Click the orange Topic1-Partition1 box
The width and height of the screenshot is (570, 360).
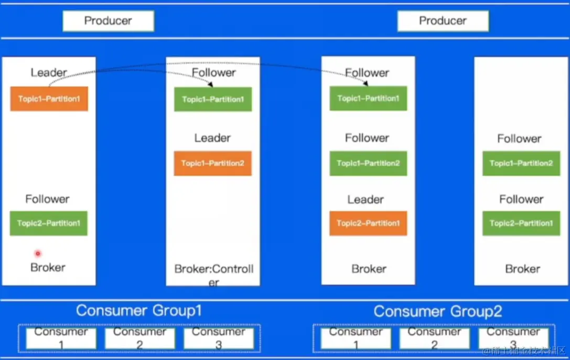[x=49, y=99]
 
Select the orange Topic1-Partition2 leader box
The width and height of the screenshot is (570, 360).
[x=212, y=163]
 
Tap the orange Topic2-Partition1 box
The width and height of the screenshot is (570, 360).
[x=368, y=223]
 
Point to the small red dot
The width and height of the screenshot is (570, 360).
[x=38, y=254]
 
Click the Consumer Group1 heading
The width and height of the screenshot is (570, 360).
[x=138, y=310]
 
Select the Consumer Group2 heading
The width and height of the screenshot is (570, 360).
[x=437, y=312]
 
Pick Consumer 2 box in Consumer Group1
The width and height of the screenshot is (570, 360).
[x=139, y=339]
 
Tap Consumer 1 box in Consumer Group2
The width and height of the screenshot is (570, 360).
[x=356, y=339]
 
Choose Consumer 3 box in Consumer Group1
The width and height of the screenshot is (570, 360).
[x=218, y=339]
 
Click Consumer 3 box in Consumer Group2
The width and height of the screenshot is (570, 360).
[x=513, y=339]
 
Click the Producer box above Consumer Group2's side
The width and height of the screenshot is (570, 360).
[x=443, y=21]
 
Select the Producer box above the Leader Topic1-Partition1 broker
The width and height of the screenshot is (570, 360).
[x=108, y=21]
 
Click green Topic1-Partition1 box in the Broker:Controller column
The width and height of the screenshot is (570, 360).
[x=213, y=100]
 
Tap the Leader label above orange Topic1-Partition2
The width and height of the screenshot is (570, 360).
[x=212, y=138]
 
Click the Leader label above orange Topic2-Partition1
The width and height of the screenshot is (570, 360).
[x=365, y=200]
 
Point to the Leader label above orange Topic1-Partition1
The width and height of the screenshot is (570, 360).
[x=49, y=72]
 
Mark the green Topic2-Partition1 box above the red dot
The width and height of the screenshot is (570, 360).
[x=48, y=223]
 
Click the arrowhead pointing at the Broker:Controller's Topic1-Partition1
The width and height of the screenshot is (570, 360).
[x=211, y=84]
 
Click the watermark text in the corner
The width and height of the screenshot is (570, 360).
[x=524, y=351]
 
